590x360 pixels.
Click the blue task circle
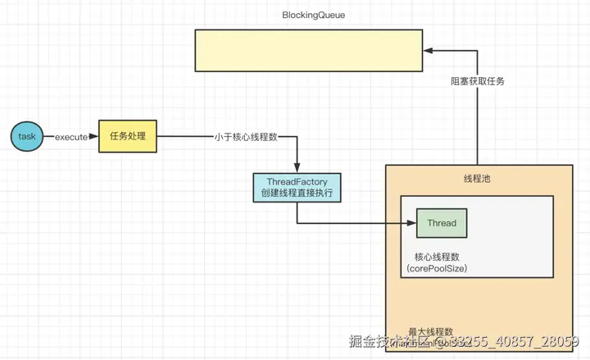click(x=27, y=137)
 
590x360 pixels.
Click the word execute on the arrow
click(x=70, y=137)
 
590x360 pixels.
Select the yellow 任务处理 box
click(x=128, y=136)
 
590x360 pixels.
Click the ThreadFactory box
click(x=297, y=188)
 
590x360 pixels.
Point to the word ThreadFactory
click(x=297, y=181)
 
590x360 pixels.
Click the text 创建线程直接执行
click(x=297, y=194)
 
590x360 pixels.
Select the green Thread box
click(x=442, y=223)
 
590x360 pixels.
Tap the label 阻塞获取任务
click(x=478, y=81)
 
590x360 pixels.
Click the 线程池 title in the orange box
click(x=476, y=180)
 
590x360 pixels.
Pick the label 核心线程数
click(x=438, y=257)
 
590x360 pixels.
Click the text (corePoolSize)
click(x=438, y=269)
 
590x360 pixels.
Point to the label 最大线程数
click(x=431, y=331)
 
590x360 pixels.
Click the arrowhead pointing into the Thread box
click(x=411, y=223)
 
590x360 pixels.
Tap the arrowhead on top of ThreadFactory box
click(x=297, y=168)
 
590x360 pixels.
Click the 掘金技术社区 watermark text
click(x=390, y=341)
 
